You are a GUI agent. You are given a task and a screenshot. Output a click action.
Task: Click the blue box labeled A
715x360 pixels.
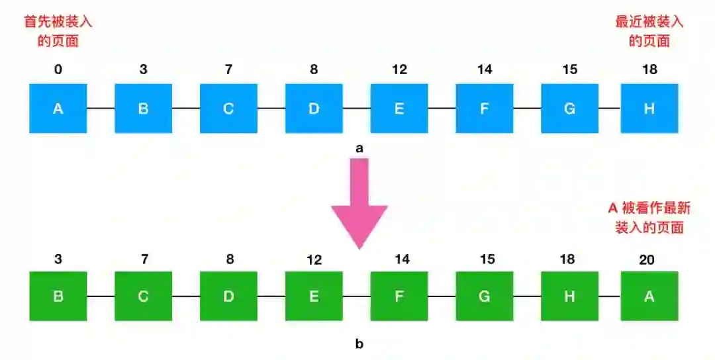58,109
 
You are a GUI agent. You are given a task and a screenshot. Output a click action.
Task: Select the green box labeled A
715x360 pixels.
649,296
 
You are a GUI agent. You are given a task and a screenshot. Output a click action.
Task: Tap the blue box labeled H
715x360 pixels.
649,109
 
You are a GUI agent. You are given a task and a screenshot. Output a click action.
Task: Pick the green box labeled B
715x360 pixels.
58,296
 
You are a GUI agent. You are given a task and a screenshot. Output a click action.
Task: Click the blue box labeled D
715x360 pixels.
314,109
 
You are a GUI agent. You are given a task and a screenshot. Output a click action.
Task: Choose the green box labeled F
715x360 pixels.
399,296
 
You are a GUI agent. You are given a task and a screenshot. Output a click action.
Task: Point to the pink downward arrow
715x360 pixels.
359,205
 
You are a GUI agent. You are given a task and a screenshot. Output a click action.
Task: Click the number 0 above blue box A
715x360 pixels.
58,69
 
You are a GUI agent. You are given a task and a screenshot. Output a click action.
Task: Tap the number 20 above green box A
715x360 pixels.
647,259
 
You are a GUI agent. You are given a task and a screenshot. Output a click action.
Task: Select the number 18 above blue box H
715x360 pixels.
649,69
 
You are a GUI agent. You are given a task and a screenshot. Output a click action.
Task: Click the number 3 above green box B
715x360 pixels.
58,259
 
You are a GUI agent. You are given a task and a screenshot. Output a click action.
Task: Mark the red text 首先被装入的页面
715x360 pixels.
58,31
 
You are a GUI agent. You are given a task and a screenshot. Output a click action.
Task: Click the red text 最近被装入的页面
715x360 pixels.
649,31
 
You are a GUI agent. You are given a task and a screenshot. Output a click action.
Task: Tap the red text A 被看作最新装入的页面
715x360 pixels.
649,218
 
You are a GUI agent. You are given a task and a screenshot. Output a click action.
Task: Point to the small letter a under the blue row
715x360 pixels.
359,149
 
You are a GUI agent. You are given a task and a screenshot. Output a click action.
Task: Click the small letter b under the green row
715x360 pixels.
359,343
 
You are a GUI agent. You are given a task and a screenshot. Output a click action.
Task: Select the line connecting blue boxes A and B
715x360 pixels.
101,109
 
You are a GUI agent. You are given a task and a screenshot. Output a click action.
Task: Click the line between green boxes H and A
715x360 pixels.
609,296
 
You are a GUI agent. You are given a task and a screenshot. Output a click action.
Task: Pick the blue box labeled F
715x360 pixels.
485,109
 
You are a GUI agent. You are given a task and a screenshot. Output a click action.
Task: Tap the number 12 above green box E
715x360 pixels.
314,259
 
